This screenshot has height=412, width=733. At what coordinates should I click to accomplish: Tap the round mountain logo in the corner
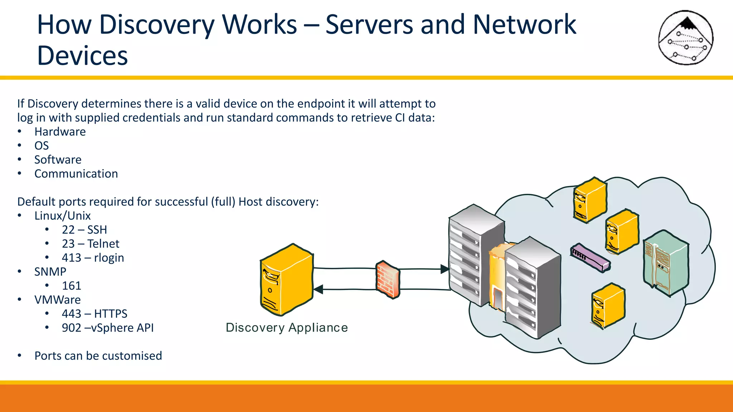(x=686, y=38)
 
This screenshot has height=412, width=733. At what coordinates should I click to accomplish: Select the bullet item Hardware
(x=60, y=132)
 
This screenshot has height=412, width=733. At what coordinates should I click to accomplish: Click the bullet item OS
(x=42, y=146)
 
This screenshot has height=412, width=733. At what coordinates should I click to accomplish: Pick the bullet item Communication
(x=76, y=173)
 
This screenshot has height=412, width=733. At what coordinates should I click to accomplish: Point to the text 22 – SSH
(x=84, y=230)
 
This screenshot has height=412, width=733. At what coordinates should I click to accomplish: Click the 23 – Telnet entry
(x=91, y=244)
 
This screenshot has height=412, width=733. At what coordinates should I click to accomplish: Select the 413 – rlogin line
(x=93, y=257)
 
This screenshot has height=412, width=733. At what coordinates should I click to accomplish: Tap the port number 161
(x=72, y=285)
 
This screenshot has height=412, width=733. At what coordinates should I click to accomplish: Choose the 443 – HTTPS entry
(x=94, y=314)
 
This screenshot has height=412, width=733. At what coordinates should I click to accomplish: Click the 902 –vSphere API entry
(x=108, y=328)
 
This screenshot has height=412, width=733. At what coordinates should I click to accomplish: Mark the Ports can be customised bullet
(x=98, y=355)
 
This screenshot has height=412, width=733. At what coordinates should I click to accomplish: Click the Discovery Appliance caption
(x=287, y=328)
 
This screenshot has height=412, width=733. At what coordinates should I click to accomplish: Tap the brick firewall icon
(x=388, y=279)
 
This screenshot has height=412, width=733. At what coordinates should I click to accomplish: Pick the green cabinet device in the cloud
(x=665, y=263)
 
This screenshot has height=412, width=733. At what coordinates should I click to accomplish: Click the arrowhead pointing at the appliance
(x=318, y=289)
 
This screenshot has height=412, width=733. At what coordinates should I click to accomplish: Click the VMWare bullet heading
(x=57, y=300)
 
